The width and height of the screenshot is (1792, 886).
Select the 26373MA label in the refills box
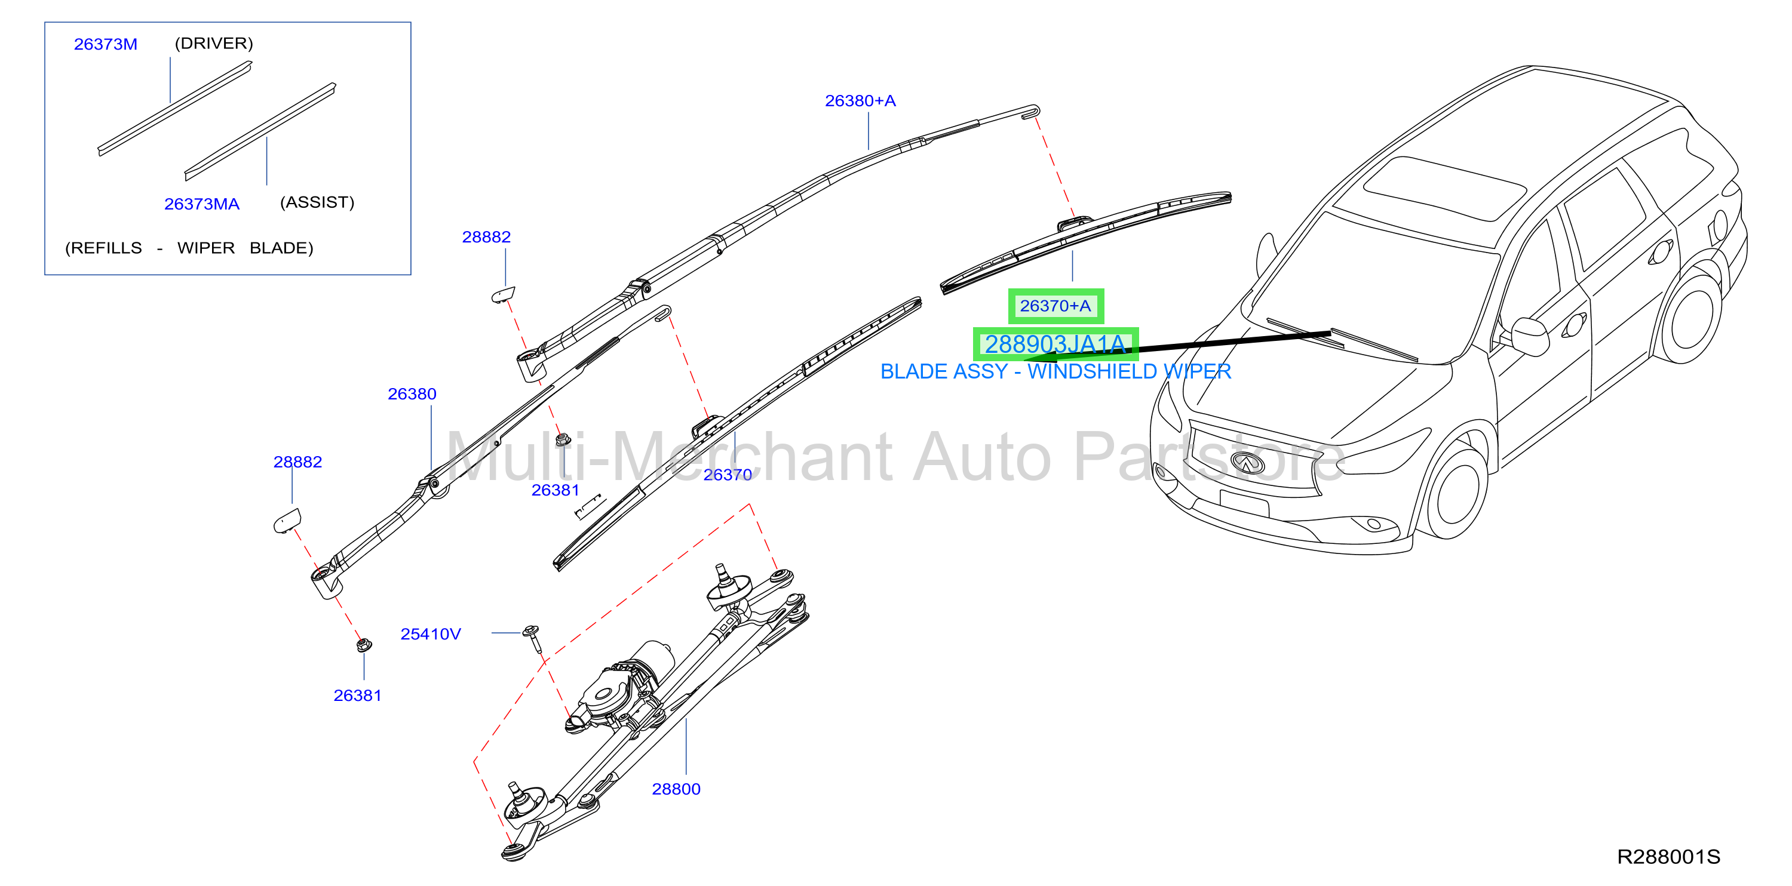[202, 204]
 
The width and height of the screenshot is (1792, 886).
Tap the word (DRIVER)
[214, 43]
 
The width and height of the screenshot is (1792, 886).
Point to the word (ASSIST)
[317, 202]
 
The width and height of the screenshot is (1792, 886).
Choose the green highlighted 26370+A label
[1055, 306]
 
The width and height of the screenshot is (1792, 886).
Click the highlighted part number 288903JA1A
[1055, 344]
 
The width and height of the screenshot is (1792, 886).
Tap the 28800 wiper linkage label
[676, 789]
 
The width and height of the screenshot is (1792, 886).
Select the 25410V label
[431, 634]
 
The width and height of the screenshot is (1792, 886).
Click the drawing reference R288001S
[1668, 857]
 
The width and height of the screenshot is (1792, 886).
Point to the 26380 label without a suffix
[412, 394]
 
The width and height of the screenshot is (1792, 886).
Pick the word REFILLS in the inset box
[104, 248]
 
